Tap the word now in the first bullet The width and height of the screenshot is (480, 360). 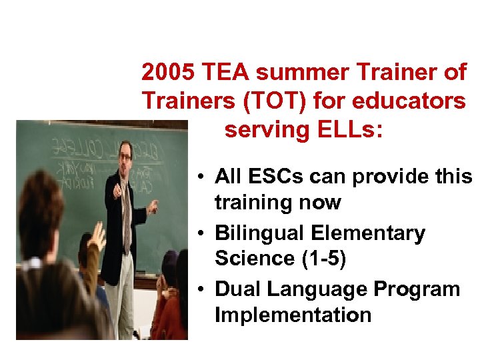click(x=319, y=203)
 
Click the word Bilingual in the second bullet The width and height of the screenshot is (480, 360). click(x=260, y=233)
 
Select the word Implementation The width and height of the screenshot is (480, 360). click(x=293, y=315)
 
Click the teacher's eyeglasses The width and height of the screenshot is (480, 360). click(x=125, y=157)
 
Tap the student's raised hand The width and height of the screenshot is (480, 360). click(x=97, y=233)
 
